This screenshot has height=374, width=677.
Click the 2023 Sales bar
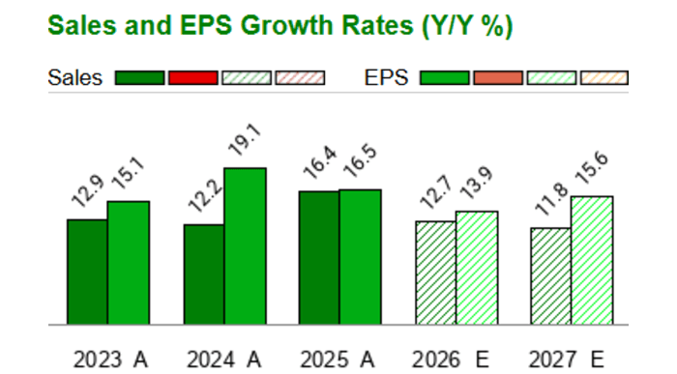pos(87,272)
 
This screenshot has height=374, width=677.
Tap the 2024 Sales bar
pos(204,274)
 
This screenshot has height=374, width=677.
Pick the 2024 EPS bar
pos(245,246)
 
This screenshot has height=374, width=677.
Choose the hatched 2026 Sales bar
pos(435,273)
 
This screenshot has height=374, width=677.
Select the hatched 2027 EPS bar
pos(592,260)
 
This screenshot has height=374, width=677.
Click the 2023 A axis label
pos(110,360)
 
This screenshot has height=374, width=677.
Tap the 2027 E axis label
pos(571,360)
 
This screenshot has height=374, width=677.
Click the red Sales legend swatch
pos(192,78)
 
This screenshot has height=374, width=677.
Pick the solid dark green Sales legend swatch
pos(139,78)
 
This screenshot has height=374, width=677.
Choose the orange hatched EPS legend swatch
pos(603,78)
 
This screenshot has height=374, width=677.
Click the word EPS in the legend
pos(390,78)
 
